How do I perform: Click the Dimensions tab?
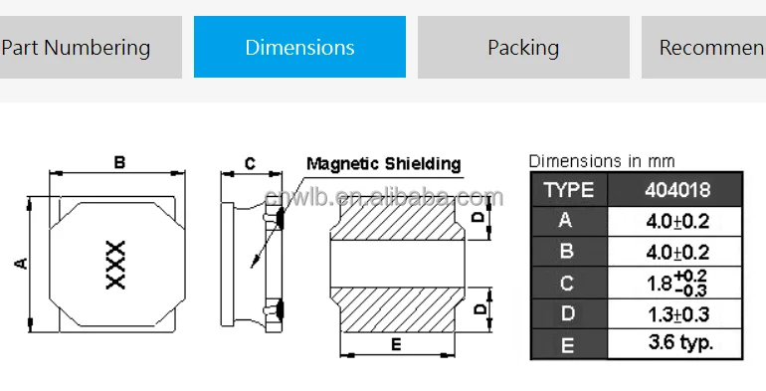coord(299,47)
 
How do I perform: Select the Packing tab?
coord(523,47)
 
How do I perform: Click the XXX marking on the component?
coord(115,265)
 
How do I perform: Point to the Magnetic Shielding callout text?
coord(383,164)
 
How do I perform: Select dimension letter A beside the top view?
coord(20,263)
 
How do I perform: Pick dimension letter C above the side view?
coord(250,163)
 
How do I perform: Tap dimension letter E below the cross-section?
coord(395,344)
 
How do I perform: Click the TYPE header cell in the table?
coord(569,189)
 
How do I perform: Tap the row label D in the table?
coord(567,314)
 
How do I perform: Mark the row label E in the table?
coord(567,344)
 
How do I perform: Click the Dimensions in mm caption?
coord(601,161)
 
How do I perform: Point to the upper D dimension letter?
coord(479,216)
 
